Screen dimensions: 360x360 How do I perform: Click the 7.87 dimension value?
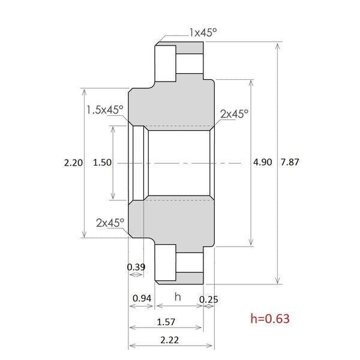coord(290,163)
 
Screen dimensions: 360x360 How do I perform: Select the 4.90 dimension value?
coord(262,163)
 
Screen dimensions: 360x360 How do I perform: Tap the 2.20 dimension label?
coord(73,163)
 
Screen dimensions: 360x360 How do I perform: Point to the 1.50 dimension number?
coord(102,163)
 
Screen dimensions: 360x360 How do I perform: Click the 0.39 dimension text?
coord(136,267)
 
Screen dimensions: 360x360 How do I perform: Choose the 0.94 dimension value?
coord(142,298)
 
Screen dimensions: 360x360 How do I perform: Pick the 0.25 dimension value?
coord(208,299)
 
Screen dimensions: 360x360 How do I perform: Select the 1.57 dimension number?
coord(166,322)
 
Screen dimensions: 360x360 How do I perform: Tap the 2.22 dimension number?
coord(169,340)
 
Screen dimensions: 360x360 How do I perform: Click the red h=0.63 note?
coord(270,319)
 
